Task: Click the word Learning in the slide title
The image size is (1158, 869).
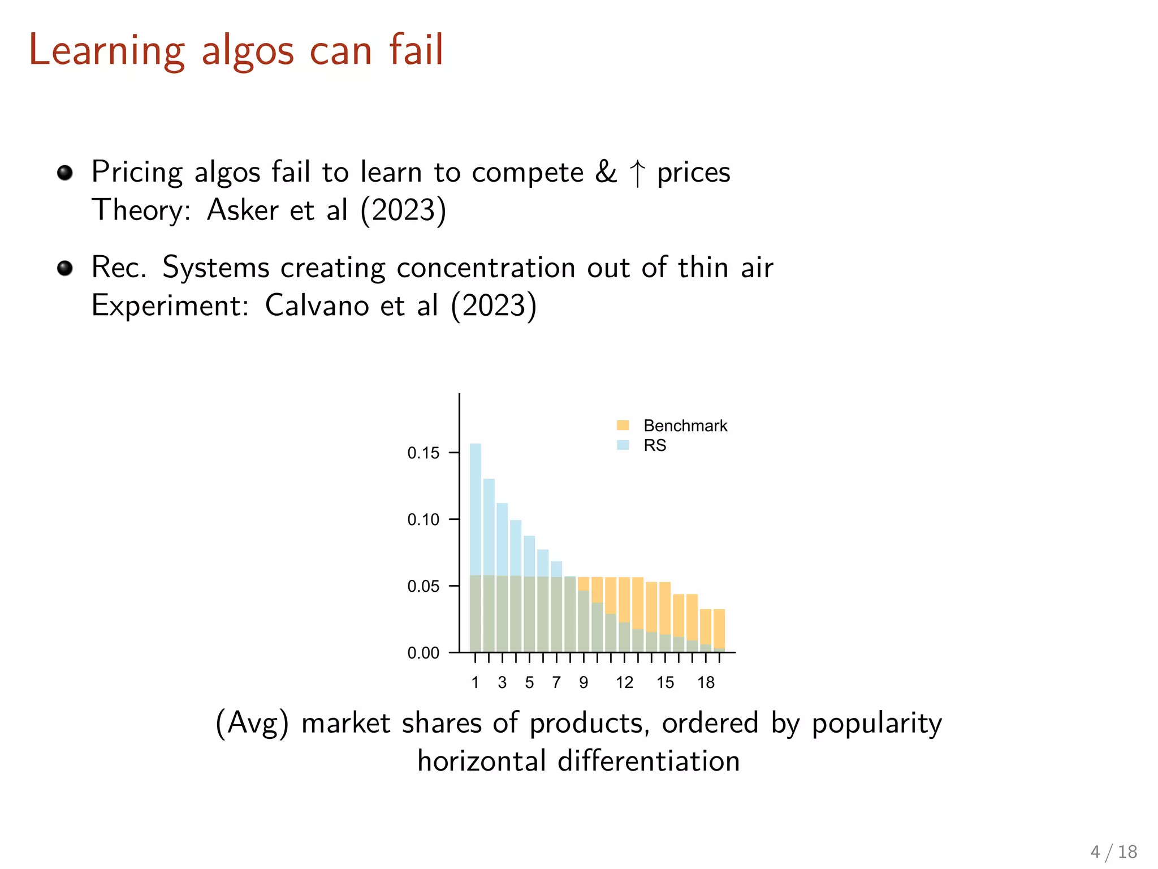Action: (x=107, y=51)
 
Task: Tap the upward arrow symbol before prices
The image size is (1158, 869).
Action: (x=637, y=173)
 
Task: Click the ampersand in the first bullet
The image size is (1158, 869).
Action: (x=606, y=172)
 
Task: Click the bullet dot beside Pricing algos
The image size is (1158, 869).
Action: (x=65, y=173)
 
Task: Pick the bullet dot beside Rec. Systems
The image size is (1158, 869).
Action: (x=65, y=268)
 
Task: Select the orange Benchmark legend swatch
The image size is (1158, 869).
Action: (x=623, y=425)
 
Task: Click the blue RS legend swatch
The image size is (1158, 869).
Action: (x=623, y=445)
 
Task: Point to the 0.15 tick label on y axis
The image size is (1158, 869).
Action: (x=423, y=453)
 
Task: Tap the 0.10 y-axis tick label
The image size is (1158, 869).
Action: (x=423, y=520)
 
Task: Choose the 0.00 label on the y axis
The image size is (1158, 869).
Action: (x=423, y=653)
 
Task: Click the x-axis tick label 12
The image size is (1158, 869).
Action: (x=624, y=683)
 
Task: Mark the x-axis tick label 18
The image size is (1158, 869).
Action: (x=706, y=683)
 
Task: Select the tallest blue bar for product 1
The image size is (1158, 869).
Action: (x=476, y=509)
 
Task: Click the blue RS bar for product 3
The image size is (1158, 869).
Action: (x=502, y=537)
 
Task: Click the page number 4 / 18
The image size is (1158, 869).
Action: (x=1113, y=852)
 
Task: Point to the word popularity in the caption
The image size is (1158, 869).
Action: (x=876, y=724)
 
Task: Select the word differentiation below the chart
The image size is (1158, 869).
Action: (x=649, y=762)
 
